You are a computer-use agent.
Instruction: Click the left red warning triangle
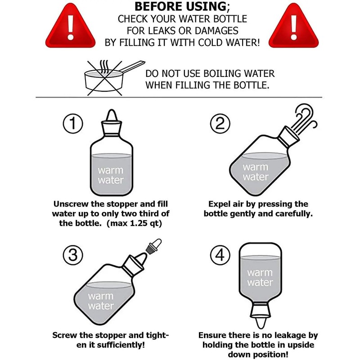click(x=70, y=27)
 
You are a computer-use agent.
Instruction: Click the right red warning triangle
click(x=293, y=27)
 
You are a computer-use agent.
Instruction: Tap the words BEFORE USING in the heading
click(x=180, y=6)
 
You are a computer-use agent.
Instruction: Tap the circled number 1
click(x=73, y=123)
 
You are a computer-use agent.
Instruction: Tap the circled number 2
click(x=220, y=123)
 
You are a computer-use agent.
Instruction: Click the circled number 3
click(x=73, y=255)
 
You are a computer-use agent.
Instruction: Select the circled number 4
click(x=220, y=255)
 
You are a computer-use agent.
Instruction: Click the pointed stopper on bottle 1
click(x=112, y=116)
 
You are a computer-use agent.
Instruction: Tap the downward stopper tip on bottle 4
click(x=261, y=323)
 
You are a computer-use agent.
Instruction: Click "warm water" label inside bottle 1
click(x=111, y=175)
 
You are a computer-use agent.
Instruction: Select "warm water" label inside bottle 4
click(x=260, y=278)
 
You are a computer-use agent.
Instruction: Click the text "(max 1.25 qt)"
click(x=134, y=223)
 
